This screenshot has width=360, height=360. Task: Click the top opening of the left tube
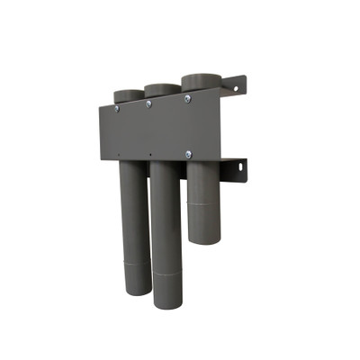[x=128, y=93]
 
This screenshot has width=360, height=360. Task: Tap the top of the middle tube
[x=162, y=88]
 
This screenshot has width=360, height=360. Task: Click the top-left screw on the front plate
[x=116, y=108]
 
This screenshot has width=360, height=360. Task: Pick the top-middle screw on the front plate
[x=148, y=103]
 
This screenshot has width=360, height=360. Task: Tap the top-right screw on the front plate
[x=187, y=98]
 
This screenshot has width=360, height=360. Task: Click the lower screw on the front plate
[x=188, y=154]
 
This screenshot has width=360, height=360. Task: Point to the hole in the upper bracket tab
[x=238, y=87]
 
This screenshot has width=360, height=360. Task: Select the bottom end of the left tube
[x=136, y=290]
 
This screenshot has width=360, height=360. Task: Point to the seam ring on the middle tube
[x=166, y=271]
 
